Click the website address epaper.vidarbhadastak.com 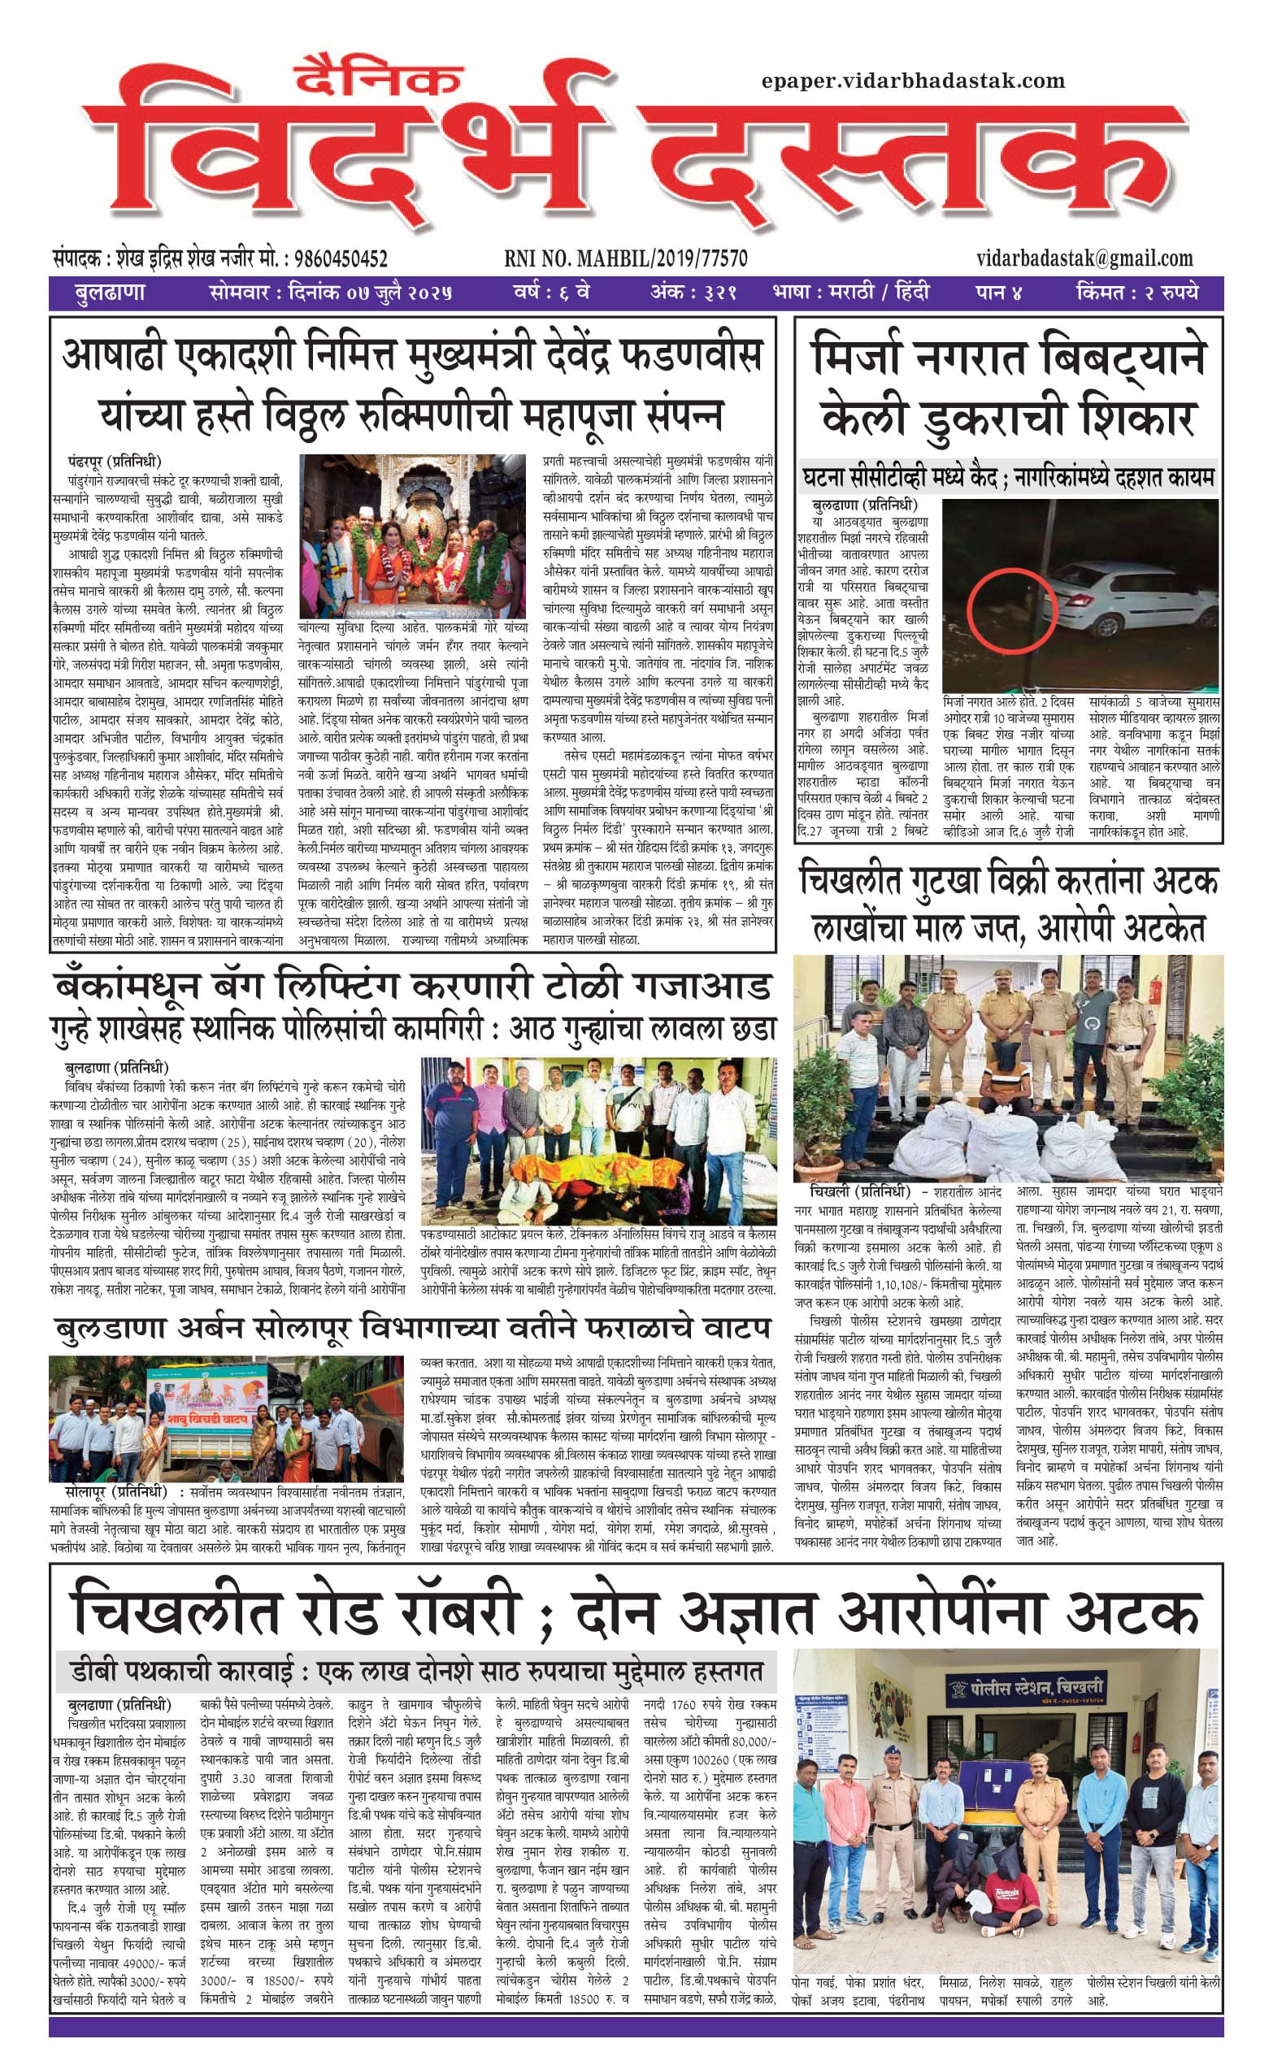click(x=913, y=80)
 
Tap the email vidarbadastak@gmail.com click(x=1084, y=258)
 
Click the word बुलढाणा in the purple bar click(x=109, y=293)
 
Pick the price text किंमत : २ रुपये click(x=1136, y=293)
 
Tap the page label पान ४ click(x=998, y=293)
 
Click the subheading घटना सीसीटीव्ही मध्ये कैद click(x=899, y=479)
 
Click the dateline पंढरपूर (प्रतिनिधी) click(x=115, y=460)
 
